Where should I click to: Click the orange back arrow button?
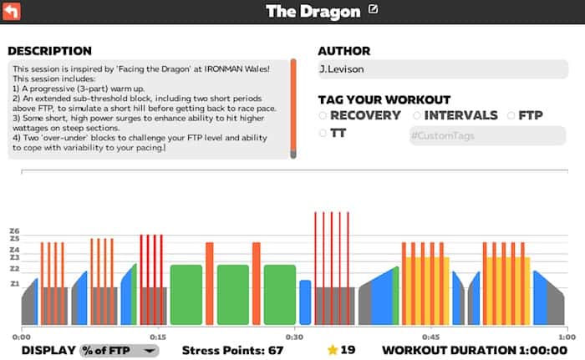(13, 11)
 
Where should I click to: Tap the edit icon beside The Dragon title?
(373, 10)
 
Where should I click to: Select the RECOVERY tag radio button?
(323, 115)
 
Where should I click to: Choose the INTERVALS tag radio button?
(417, 115)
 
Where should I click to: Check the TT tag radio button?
(323, 133)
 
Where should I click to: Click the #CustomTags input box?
(486, 134)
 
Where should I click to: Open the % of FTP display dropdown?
(119, 350)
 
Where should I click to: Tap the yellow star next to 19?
(332, 350)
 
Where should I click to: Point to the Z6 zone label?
(14, 231)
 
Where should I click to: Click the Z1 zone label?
(14, 284)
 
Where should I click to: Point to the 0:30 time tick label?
(294, 337)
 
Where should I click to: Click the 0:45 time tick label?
(430, 337)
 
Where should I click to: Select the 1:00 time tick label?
(567, 337)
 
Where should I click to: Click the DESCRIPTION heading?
(49, 51)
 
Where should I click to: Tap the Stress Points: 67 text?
(232, 350)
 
